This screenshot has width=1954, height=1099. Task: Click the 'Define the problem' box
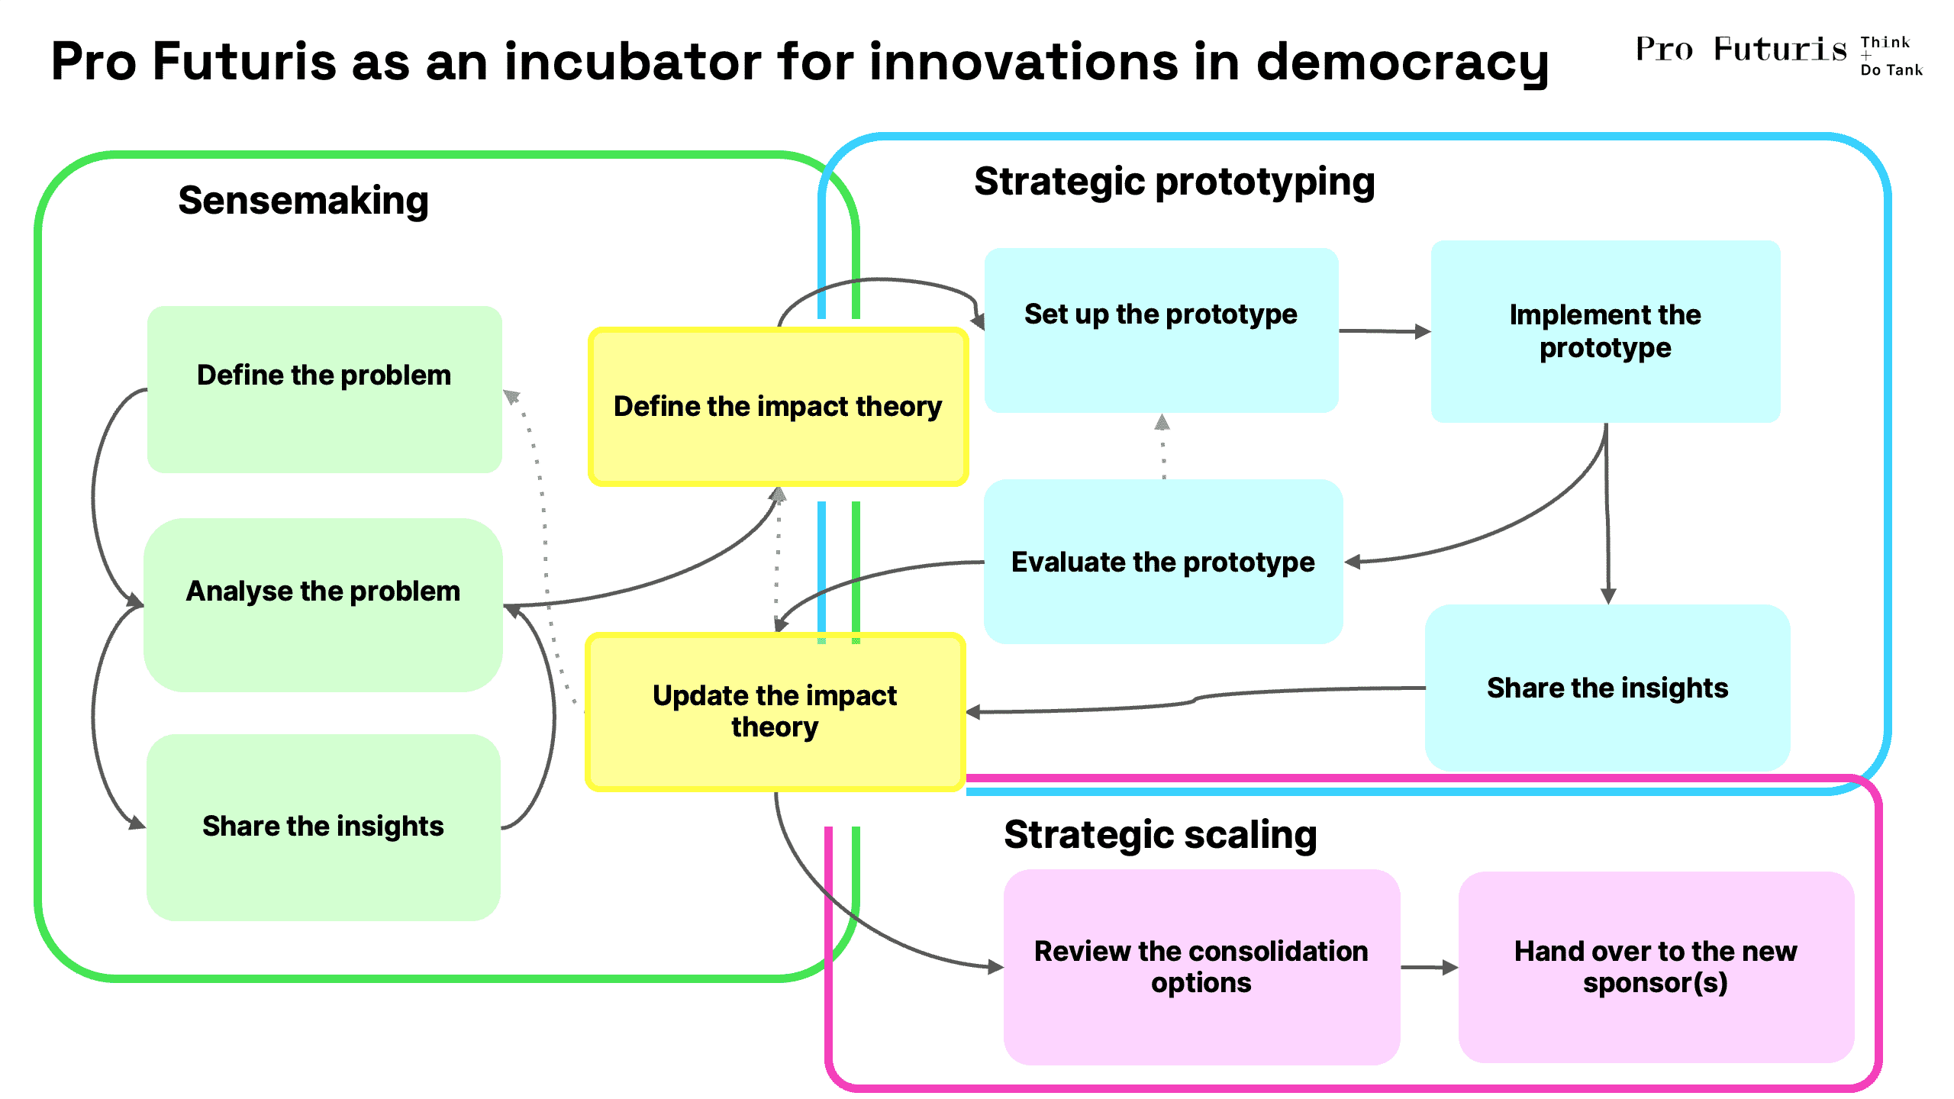324,389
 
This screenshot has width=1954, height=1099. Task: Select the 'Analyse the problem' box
323,604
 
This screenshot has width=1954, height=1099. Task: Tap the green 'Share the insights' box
324,827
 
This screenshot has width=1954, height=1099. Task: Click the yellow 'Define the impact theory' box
778,407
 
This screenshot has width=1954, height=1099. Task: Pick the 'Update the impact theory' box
775,711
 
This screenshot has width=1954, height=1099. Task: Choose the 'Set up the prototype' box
1161,330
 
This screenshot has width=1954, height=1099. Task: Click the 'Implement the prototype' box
1605,331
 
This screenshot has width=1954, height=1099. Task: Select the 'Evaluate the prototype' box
1163,562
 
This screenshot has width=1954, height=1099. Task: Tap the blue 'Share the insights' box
1607,688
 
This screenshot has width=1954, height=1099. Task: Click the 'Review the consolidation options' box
1201,967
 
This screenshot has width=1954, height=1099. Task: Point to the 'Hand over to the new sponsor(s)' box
1656,967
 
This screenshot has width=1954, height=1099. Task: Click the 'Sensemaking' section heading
303,201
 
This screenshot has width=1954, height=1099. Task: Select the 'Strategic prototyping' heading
1175,183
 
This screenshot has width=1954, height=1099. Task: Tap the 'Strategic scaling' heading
1160,835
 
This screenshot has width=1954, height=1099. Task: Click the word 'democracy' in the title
1402,63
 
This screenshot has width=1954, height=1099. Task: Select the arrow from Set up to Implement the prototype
1385,331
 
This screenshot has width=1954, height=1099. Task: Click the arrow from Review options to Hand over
1430,968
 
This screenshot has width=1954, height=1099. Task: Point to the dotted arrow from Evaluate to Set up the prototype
1162,446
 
